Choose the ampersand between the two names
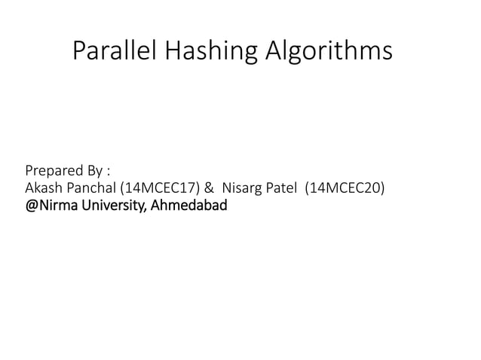coord(208,188)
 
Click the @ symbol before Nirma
coord(32,205)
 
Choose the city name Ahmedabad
coord(189,205)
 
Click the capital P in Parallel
coord(78,50)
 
